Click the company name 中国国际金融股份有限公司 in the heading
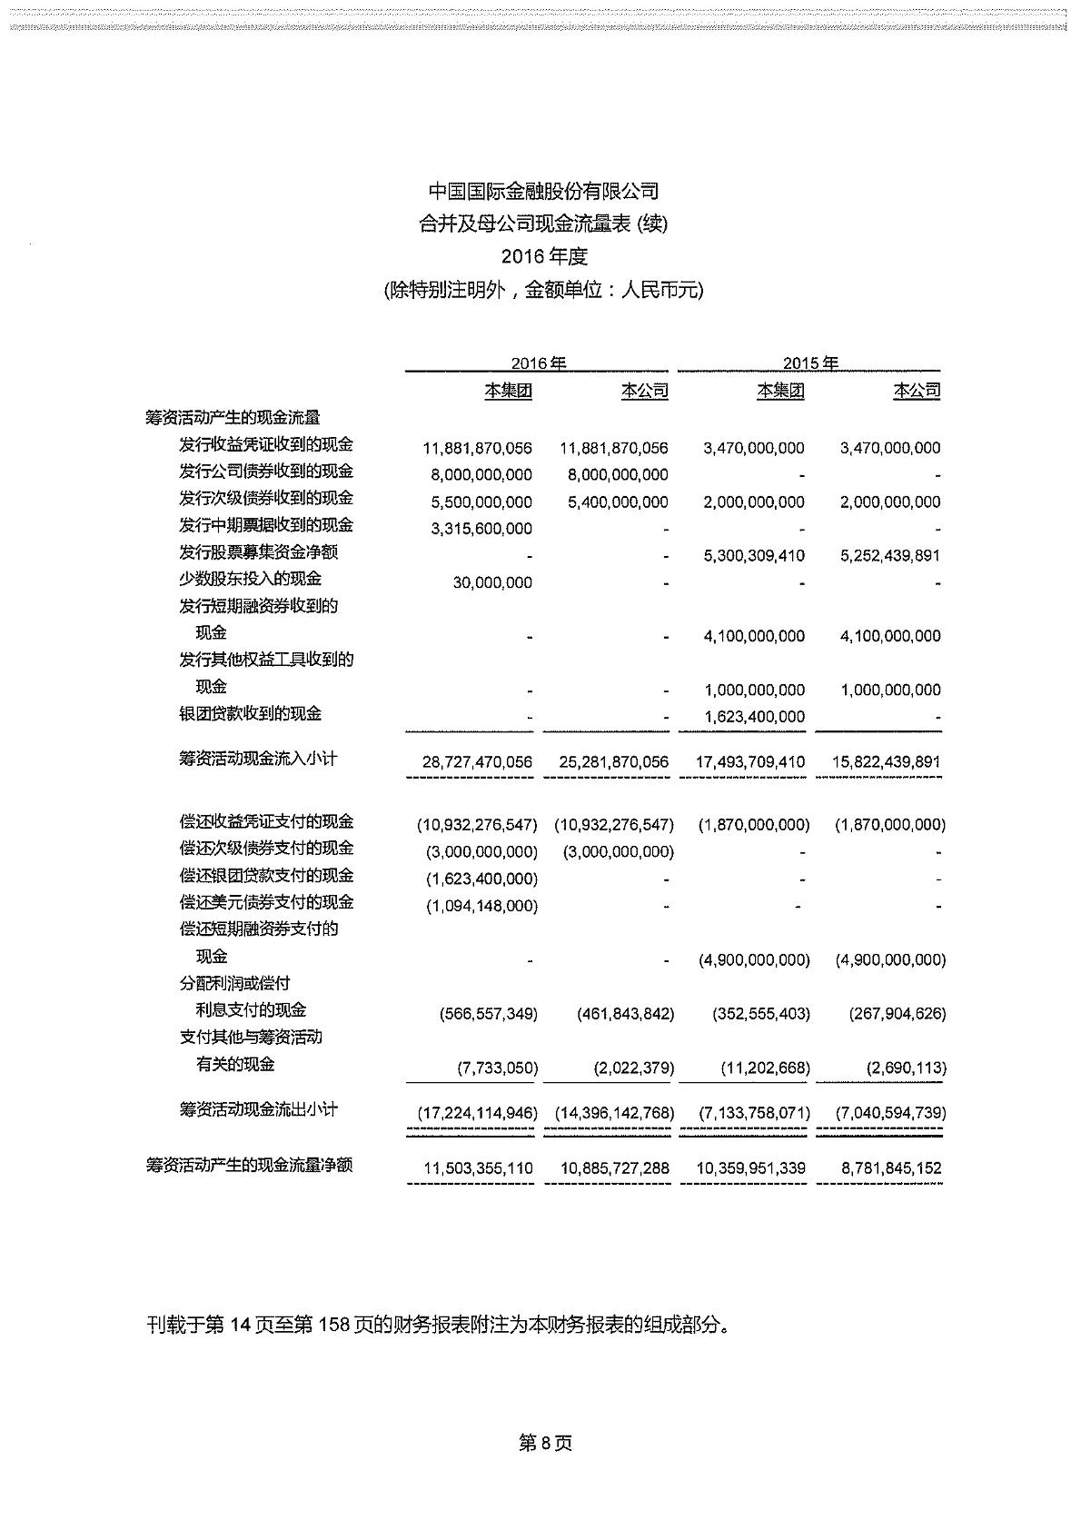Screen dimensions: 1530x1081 (x=543, y=192)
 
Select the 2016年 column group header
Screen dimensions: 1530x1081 (x=538, y=363)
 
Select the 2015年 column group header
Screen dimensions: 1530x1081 (x=810, y=363)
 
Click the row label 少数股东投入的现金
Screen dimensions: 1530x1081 (x=250, y=579)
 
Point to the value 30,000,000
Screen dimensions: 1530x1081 (x=492, y=582)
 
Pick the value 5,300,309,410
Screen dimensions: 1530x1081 (x=754, y=555)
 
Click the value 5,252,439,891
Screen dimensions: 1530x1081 (x=890, y=555)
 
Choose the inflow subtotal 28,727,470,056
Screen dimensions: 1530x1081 (x=478, y=762)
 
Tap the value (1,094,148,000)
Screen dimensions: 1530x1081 (x=481, y=906)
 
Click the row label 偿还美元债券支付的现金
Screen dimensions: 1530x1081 (x=266, y=902)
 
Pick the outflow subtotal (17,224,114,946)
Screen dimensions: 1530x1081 (x=477, y=1113)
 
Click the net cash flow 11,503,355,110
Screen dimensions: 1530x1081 (x=479, y=1168)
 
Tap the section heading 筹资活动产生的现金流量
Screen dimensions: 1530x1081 (x=233, y=418)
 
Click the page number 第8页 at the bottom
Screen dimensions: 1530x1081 (x=545, y=1444)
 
